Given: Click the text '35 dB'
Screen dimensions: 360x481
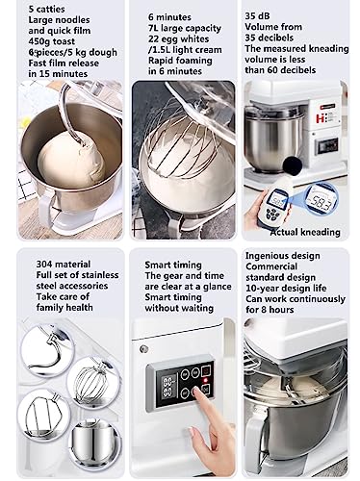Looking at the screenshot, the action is (257, 16).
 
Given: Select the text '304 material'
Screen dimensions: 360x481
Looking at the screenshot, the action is (64, 265).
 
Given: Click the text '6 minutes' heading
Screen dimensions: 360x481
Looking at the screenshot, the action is (169, 17).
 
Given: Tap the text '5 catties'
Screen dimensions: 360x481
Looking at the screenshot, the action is (46, 9).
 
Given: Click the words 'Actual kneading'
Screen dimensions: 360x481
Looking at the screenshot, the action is (305, 232).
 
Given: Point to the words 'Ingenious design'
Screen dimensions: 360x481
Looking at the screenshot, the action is (283, 256).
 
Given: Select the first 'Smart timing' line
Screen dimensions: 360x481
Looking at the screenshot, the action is (173, 265).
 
